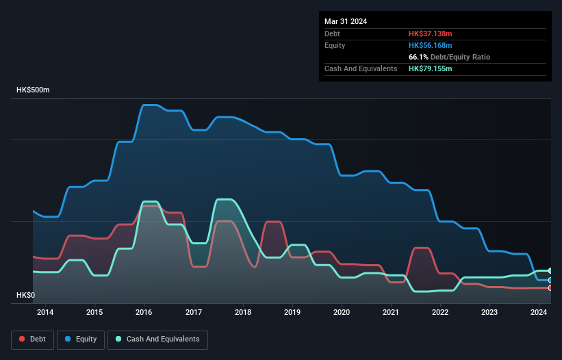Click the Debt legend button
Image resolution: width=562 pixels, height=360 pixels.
pyautogui.click(x=31, y=339)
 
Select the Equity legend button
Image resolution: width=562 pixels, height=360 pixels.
pyautogui.click(x=81, y=339)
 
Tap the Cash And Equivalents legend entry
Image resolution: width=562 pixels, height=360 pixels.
pyautogui.click(x=157, y=339)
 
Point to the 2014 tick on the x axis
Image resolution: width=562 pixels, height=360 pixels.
pyautogui.click(x=45, y=313)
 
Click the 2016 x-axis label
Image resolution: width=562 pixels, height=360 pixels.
pyautogui.click(x=144, y=313)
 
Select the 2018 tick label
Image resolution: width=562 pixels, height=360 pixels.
pyautogui.click(x=243, y=313)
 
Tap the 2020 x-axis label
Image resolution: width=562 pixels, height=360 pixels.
pyautogui.click(x=342, y=313)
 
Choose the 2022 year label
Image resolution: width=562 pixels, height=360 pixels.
pyautogui.click(x=440, y=313)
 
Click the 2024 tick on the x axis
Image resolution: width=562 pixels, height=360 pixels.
pyautogui.click(x=539, y=313)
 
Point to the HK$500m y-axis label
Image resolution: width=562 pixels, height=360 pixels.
pyautogui.click(x=33, y=90)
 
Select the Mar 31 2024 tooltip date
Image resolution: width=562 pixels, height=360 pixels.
pyautogui.click(x=346, y=21)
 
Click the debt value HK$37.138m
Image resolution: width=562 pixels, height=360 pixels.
pyautogui.click(x=431, y=34)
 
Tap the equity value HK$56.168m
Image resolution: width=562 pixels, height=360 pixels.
pyautogui.click(x=431, y=45)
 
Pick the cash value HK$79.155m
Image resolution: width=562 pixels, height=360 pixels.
pyautogui.click(x=431, y=68)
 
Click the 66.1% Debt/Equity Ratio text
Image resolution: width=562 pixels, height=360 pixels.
pyautogui.click(x=449, y=57)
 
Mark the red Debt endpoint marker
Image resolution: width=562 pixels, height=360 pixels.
pyautogui.click(x=550, y=288)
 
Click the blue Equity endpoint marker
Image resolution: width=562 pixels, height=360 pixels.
pyautogui.click(x=550, y=281)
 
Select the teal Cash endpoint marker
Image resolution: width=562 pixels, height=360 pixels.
pyautogui.click(x=550, y=271)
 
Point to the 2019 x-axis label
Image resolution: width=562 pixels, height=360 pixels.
pyautogui.click(x=292, y=313)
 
